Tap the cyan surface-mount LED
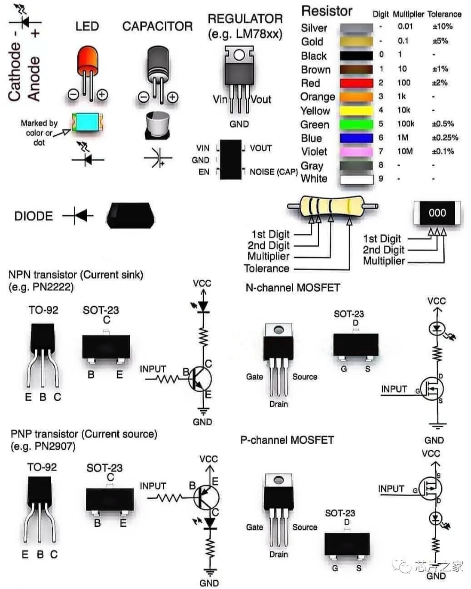click(x=87, y=123)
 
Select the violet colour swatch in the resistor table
click(x=356, y=152)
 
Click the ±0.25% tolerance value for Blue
click(x=445, y=137)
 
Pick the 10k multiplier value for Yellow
click(x=404, y=110)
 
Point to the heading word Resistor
click(x=327, y=11)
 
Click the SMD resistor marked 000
click(x=437, y=213)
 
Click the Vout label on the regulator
click(x=261, y=100)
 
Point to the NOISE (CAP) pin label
click(x=273, y=172)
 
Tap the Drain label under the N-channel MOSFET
click(x=278, y=404)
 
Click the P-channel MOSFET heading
click(x=287, y=440)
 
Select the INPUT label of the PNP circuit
click(x=153, y=486)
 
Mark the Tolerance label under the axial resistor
click(x=266, y=269)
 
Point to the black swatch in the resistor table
click(x=356, y=55)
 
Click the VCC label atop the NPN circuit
click(x=202, y=283)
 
